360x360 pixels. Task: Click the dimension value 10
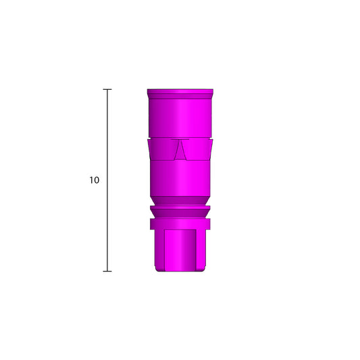(x=94, y=180)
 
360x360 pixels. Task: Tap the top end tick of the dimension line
(x=107, y=89)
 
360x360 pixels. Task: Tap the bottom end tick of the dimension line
(x=107, y=272)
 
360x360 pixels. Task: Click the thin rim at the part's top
(x=180, y=91)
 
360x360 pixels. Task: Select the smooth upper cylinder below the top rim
(x=180, y=115)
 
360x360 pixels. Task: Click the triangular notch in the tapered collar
(x=180, y=150)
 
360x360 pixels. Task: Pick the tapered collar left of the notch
(x=161, y=149)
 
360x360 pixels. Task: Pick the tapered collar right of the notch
(x=199, y=149)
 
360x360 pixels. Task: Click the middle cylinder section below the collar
(x=180, y=177)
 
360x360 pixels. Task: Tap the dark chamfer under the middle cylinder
(x=180, y=201)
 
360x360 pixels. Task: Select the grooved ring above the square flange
(x=180, y=211)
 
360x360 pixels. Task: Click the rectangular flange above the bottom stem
(x=180, y=224)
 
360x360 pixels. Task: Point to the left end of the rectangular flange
(x=151, y=224)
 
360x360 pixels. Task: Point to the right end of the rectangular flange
(x=209, y=224)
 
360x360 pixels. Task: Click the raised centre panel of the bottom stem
(x=180, y=249)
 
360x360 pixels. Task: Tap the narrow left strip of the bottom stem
(x=159, y=249)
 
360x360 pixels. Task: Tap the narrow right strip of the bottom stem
(x=201, y=249)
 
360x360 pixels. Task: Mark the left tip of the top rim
(x=148, y=91)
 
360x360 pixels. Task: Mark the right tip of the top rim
(x=213, y=91)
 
